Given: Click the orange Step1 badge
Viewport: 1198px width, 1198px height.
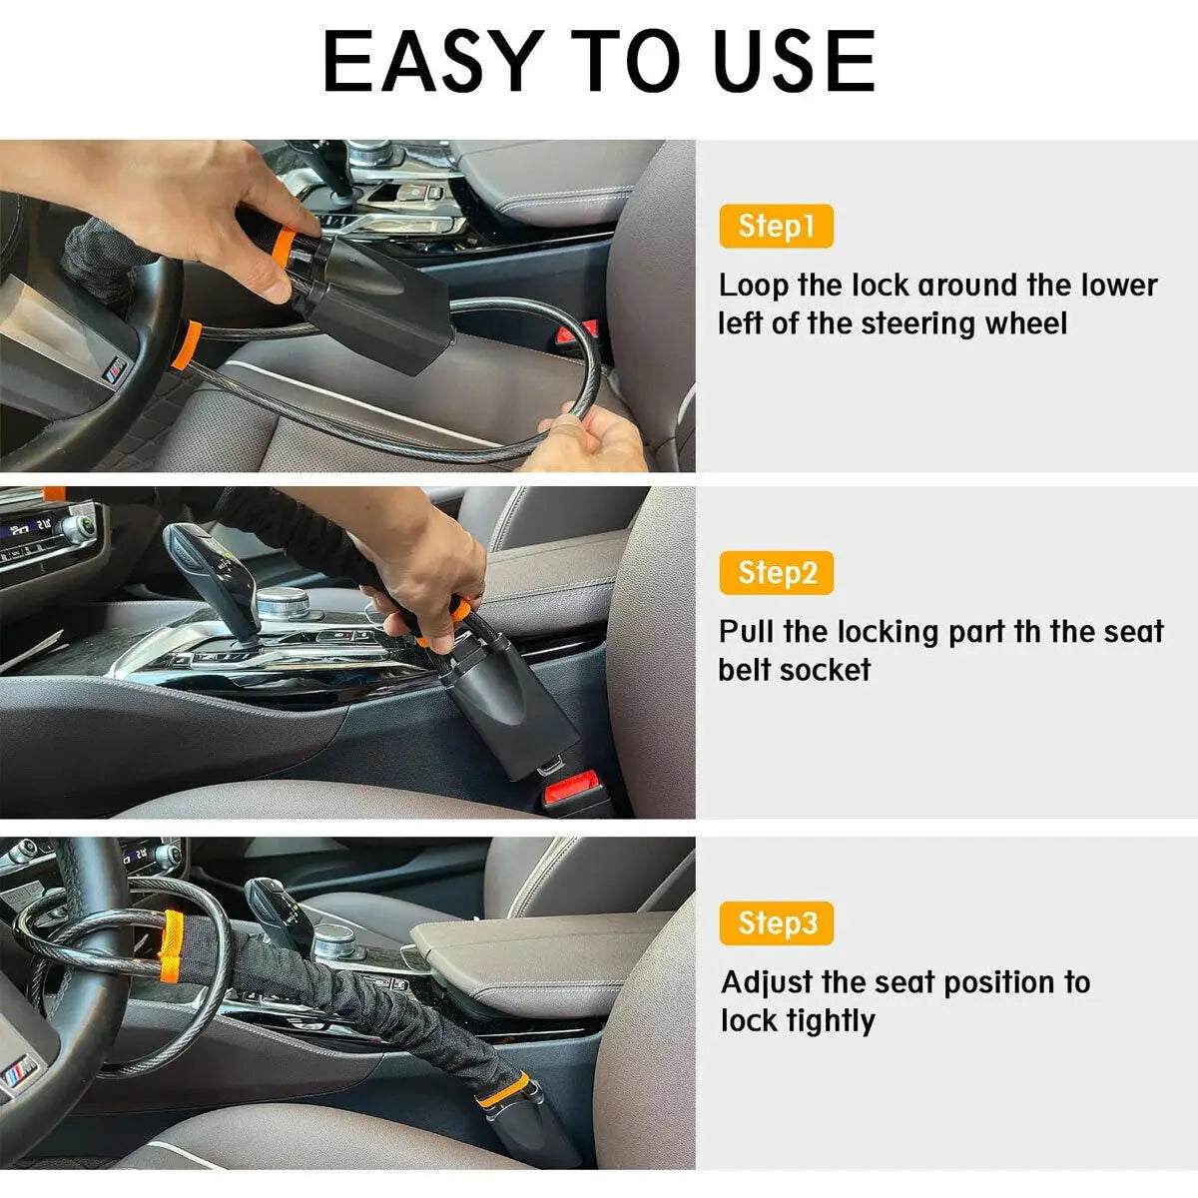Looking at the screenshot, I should (x=776, y=227).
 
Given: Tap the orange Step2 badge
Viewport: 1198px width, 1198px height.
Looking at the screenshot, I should (x=776, y=573).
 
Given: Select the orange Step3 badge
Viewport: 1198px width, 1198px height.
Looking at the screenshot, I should (x=776, y=922).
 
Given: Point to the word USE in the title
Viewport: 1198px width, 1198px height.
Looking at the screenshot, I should (x=795, y=62).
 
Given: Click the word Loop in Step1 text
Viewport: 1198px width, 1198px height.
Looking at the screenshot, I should (x=754, y=287).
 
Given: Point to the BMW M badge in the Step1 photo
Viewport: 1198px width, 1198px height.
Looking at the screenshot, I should (x=116, y=369).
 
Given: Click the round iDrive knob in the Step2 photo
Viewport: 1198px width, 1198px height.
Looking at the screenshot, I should (x=284, y=602).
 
